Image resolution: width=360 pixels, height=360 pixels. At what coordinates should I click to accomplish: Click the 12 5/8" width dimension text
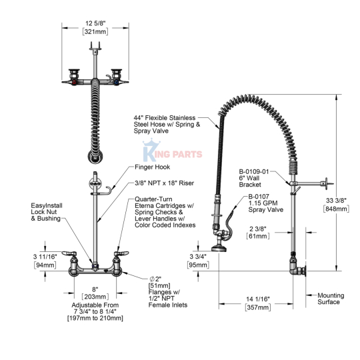(x=95, y=23)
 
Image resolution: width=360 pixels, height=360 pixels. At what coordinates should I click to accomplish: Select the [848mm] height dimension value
(x=336, y=209)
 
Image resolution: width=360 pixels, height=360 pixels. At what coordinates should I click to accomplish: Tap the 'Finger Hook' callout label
(x=153, y=167)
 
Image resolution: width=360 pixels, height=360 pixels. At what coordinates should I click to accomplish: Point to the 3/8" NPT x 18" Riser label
(x=165, y=183)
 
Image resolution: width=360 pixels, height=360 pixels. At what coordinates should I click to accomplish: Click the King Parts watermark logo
(x=172, y=151)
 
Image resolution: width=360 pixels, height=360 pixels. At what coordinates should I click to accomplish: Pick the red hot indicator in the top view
(x=74, y=82)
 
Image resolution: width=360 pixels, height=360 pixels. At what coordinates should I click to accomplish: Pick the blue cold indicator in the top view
(x=117, y=82)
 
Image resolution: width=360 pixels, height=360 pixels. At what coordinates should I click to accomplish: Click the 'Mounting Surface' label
(x=331, y=299)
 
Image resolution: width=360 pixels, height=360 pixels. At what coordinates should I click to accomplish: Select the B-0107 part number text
(x=259, y=197)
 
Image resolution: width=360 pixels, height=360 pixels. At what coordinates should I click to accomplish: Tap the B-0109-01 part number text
(x=254, y=171)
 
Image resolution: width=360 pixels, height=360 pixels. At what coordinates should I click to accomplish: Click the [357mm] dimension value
(x=258, y=307)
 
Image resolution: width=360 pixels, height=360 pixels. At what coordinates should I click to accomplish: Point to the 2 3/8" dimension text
(x=258, y=229)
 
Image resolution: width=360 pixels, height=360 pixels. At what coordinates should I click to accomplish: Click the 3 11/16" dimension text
(x=45, y=257)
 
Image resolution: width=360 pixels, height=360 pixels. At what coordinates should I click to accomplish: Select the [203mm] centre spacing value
(x=95, y=297)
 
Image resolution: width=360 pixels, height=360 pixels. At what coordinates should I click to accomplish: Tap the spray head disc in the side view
(x=219, y=249)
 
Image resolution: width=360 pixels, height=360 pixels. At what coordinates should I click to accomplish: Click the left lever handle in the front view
(x=69, y=253)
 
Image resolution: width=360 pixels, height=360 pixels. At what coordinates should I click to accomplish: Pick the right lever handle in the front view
(x=121, y=253)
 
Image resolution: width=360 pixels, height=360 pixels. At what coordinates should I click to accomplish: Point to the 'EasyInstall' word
(x=47, y=205)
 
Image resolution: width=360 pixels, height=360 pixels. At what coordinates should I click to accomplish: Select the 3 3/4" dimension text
(x=198, y=257)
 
